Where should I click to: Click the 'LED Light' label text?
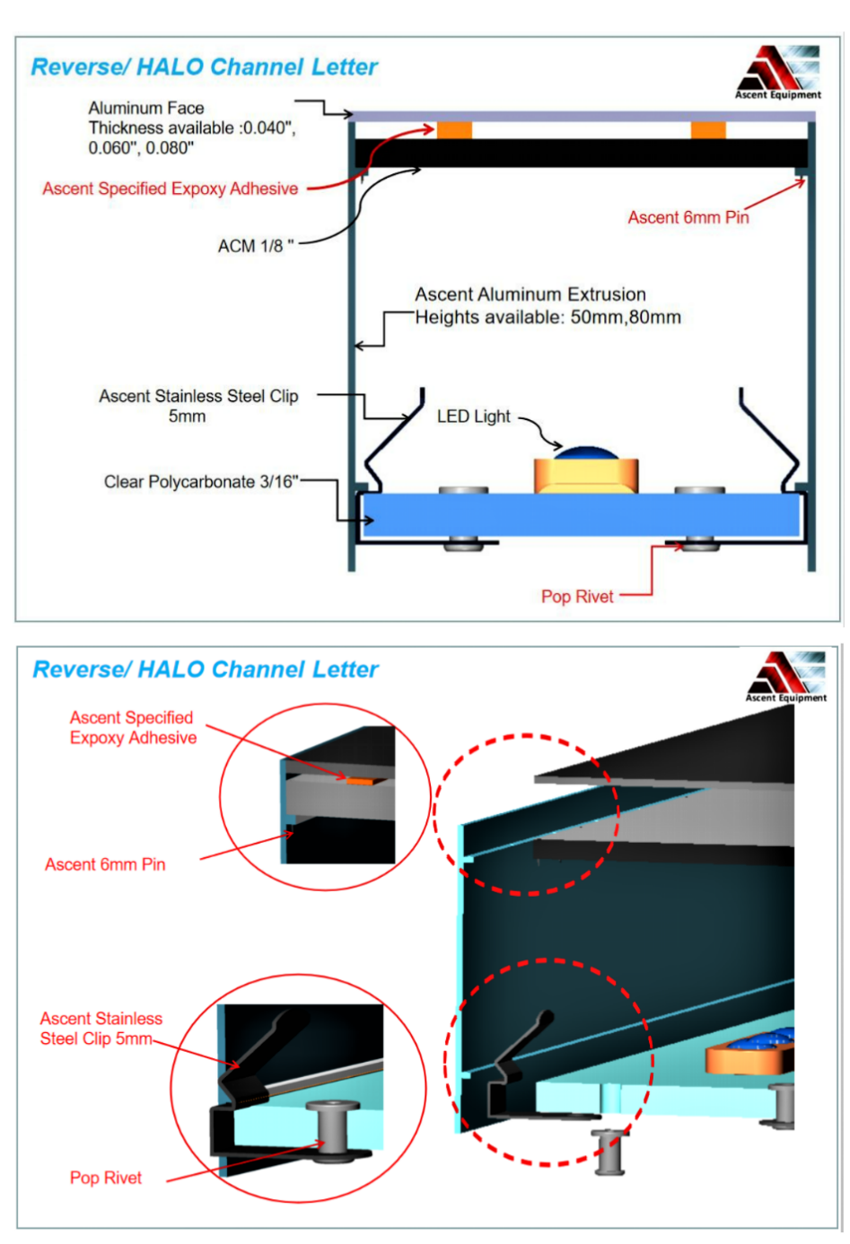click(473, 416)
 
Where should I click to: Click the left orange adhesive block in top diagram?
click(454, 130)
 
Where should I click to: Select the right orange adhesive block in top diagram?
click(707, 130)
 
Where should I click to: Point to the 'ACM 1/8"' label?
click(256, 246)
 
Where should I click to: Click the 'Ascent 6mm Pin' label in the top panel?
click(688, 217)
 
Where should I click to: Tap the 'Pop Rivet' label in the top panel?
click(577, 597)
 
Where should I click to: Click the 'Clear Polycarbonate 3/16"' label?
click(201, 482)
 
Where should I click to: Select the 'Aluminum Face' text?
click(146, 108)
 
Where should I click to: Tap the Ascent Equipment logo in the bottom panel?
click(787, 676)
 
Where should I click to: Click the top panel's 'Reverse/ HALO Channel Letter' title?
click(205, 67)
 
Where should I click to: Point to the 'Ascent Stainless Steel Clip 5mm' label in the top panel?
click(198, 406)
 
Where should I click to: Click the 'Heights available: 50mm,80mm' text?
click(548, 317)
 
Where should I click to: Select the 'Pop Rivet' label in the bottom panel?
click(106, 1178)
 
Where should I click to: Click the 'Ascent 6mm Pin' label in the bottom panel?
click(105, 864)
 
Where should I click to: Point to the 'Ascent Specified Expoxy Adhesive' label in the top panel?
click(171, 188)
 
